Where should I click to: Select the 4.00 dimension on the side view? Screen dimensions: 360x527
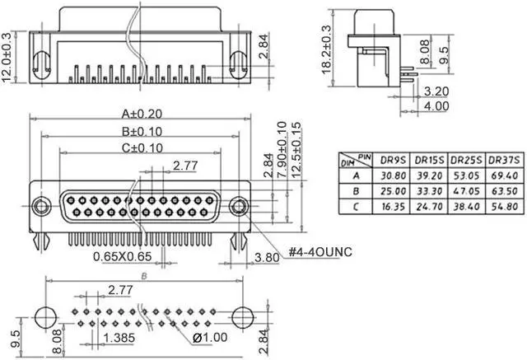tap(436, 106)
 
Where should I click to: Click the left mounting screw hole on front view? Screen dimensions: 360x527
tap(40, 205)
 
